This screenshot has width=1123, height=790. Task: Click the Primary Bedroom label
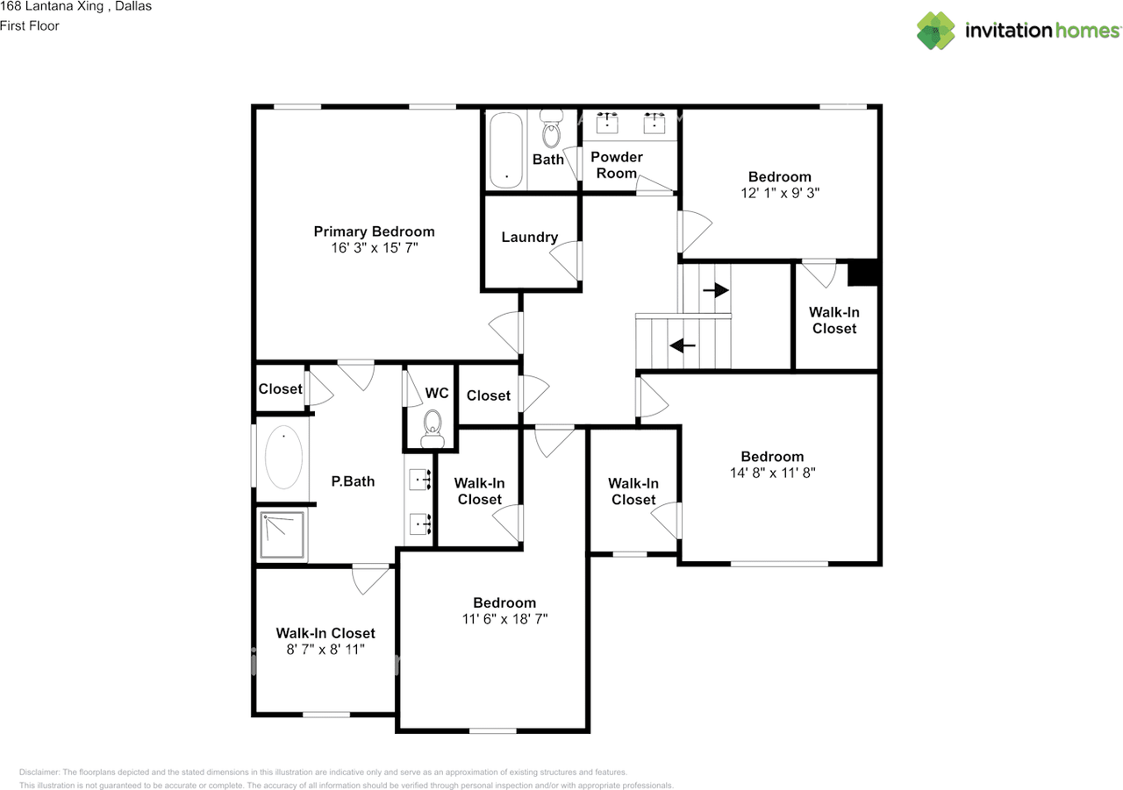tap(374, 231)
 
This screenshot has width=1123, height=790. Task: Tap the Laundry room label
tap(529, 237)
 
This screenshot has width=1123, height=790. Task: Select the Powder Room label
tap(617, 165)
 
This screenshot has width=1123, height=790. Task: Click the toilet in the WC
tap(433, 429)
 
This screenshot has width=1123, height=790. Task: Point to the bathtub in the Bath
tap(506, 150)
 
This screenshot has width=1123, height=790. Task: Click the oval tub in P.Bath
tap(283, 458)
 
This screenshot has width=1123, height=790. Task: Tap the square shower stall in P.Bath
tap(282, 534)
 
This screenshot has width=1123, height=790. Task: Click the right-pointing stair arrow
tap(715, 290)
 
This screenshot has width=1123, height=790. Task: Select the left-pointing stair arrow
tap(683, 345)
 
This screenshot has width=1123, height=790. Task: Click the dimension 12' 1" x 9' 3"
tap(780, 193)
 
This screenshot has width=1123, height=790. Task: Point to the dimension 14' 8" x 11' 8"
tap(773, 473)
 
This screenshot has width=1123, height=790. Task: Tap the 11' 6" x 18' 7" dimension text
tap(504, 619)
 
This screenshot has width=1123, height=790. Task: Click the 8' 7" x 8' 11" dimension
tap(325, 649)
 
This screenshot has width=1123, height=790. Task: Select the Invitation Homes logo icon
tap(935, 31)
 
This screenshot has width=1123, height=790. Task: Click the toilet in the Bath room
tap(552, 129)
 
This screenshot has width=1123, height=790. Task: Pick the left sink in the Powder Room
tap(607, 123)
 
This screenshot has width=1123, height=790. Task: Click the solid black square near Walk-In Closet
tap(862, 273)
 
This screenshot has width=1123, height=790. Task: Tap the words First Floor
tap(30, 25)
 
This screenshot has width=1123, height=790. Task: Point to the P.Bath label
tap(353, 481)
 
